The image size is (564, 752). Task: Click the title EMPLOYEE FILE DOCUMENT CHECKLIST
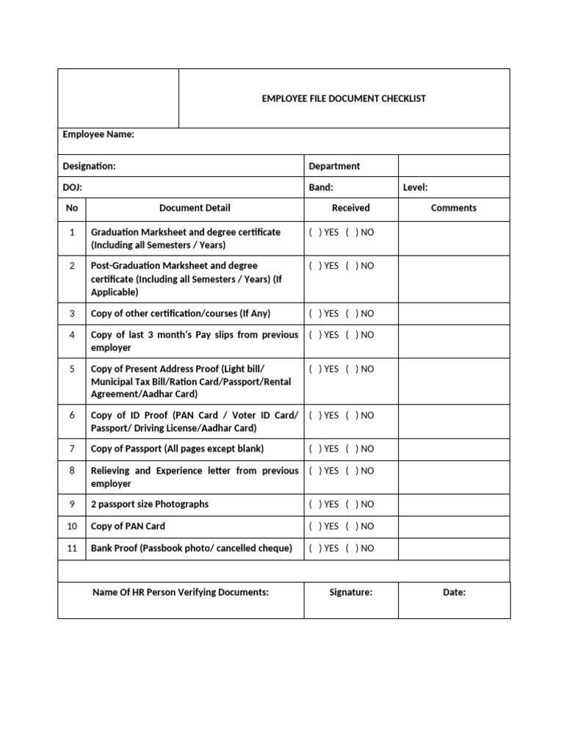click(344, 98)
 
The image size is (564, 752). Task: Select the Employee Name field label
click(98, 134)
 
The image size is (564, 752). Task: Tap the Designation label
click(89, 166)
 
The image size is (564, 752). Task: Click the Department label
click(334, 166)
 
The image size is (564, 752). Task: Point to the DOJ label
click(72, 187)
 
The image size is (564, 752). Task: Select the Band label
click(321, 187)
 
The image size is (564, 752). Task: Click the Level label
click(415, 187)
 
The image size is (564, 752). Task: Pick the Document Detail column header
click(195, 208)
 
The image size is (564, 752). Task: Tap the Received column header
click(350, 208)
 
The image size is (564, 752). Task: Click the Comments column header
click(453, 208)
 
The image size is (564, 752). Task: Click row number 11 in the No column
click(72, 548)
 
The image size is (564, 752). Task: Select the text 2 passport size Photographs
click(149, 505)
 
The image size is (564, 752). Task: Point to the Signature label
click(350, 592)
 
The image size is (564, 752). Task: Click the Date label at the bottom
click(454, 592)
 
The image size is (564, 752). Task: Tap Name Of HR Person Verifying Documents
click(180, 592)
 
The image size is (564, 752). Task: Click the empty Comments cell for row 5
click(454, 380)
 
